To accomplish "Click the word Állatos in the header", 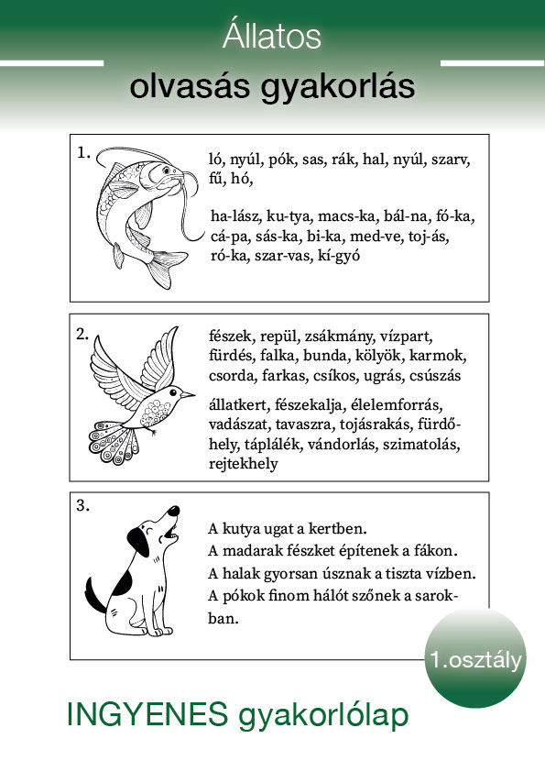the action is (271, 36).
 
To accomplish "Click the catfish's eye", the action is (167, 171).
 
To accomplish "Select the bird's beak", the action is (187, 394).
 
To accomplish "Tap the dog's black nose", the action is (173, 511).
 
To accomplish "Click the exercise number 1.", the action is (83, 153).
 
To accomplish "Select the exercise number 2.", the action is (82, 334).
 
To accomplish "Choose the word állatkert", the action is (238, 405).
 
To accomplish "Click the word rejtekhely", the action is (243, 464).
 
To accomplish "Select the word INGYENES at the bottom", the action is (147, 714).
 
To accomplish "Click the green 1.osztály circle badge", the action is (475, 658).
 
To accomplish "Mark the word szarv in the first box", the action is (451, 160).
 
